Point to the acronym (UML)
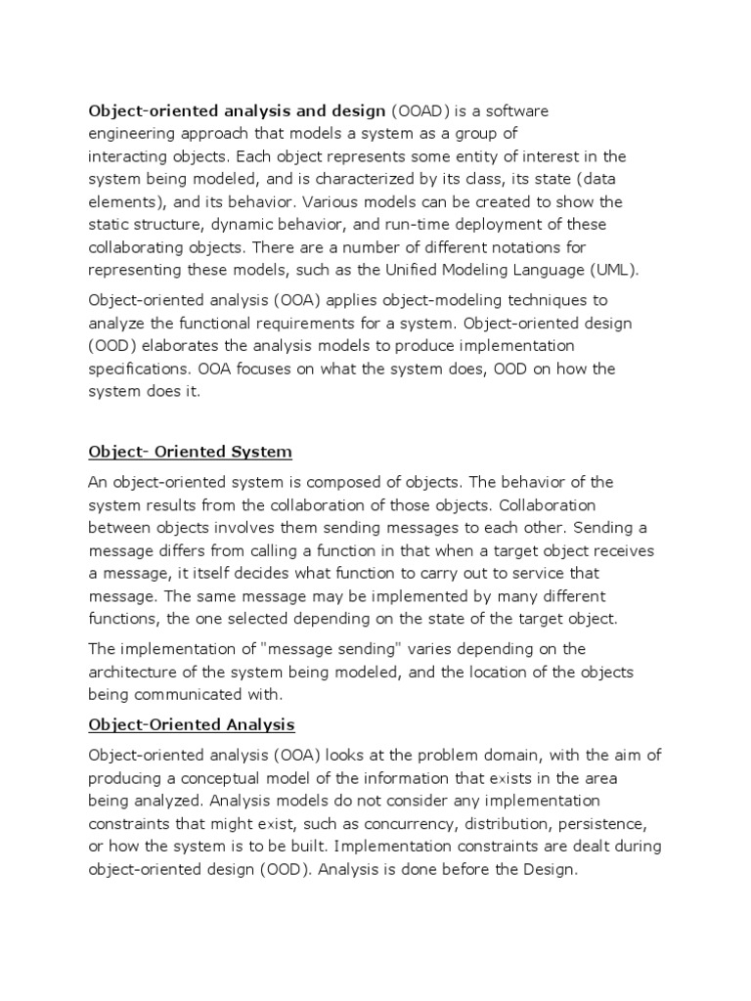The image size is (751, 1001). click(x=631, y=270)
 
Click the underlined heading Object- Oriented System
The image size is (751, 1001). click(x=191, y=452)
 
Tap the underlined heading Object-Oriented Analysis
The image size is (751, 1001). click(x=192, y=724)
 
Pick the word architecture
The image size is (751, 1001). click(x=133, y=672)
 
